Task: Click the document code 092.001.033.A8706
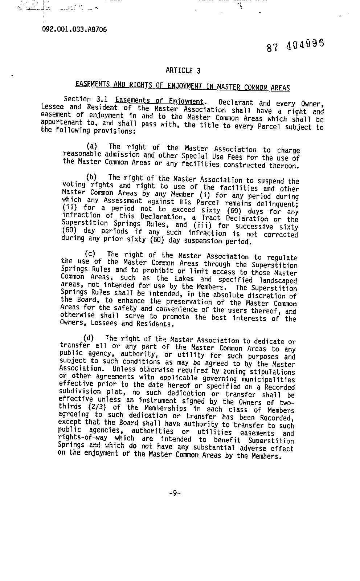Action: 74,29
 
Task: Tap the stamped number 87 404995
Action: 295,45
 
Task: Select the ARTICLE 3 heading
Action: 183,70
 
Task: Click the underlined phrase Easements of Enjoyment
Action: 159,101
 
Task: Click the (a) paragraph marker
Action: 92,146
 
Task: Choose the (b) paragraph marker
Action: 91,177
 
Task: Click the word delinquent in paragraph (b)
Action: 277,204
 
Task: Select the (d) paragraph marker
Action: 89,338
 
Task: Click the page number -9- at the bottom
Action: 175,493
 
